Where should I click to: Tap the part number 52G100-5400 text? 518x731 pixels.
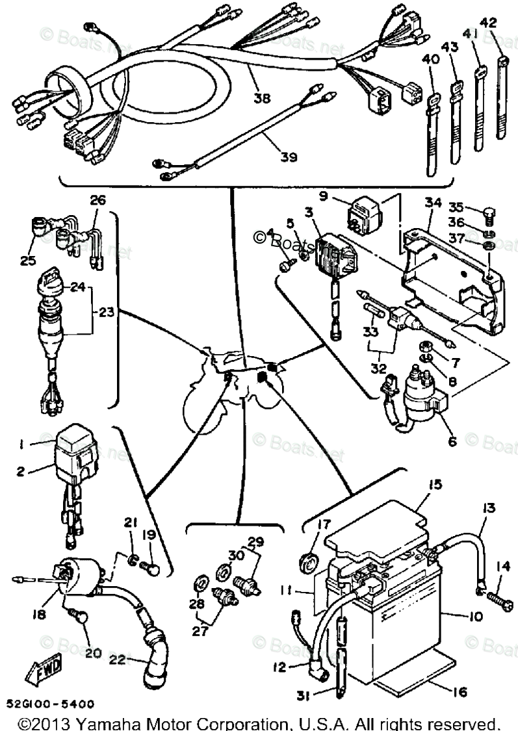coord(51,704)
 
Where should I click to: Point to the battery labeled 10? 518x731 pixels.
coord(403,624)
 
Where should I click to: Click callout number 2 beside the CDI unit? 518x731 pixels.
coord(20,472)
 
